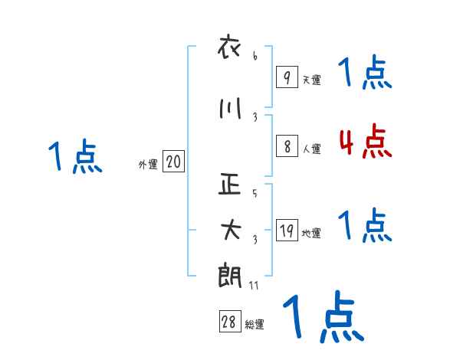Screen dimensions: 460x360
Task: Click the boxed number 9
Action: click(287, 77)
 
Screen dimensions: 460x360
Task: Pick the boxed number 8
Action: click(287, 147)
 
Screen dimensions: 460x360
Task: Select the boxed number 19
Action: click(287, 231)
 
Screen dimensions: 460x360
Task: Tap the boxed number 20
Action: click(173, 162)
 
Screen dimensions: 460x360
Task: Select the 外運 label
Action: click(147, 165)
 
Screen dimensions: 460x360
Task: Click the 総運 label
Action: click(255, 325)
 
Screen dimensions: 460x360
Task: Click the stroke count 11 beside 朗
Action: click(255, 285)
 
